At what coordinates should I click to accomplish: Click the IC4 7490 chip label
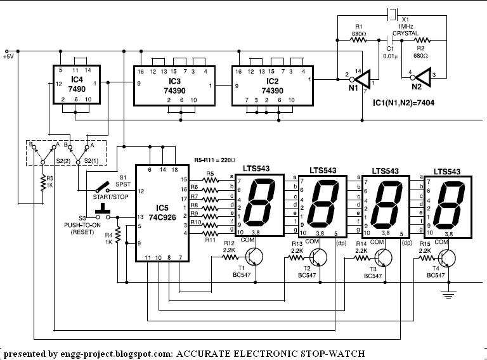(75, 84)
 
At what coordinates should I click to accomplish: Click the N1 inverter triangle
(361, 80)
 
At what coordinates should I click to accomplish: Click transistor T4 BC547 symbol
(448, 258)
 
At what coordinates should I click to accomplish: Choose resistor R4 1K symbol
(117, 239)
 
